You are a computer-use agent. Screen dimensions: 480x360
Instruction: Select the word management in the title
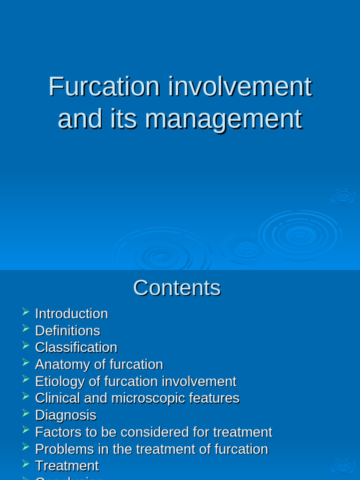pos(223,119)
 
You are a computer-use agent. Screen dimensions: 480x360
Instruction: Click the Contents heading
pos(177,288)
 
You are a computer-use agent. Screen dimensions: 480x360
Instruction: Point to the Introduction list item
pos(71,314)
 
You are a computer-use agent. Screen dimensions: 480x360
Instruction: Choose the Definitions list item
pos(67,330)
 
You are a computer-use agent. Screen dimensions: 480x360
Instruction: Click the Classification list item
pos(76,347)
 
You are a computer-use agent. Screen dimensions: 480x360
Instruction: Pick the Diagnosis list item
pos(66,415)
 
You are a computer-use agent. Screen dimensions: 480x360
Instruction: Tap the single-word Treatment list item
pos(67,465)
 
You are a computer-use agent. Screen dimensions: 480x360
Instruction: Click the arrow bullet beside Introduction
pos(25,311)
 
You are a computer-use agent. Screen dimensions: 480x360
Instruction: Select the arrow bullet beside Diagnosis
pos(25,412)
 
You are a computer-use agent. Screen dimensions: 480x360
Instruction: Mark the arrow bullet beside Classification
pos(25,345)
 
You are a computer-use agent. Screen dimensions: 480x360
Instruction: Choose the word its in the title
pos(124,119)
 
